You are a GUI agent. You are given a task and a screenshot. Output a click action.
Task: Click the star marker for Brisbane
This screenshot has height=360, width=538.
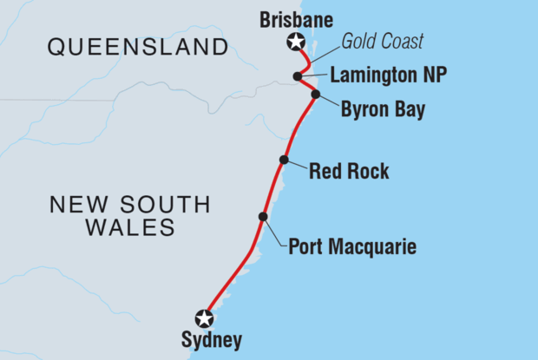[x=296, y=41]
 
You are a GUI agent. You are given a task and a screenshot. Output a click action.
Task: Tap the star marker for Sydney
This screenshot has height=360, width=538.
[x=204, y=317]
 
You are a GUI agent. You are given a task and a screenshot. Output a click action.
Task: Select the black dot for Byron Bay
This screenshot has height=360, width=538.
[x=315, y=94]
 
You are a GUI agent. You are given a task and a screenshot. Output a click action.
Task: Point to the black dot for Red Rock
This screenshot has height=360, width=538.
[x=284, y=160]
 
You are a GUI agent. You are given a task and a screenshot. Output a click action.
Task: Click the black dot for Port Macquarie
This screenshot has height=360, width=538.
[x=262, y=217]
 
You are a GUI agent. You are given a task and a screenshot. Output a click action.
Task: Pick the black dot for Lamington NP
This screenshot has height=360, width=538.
[x=298, y=76]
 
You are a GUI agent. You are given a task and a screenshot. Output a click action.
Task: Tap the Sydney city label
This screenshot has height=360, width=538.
[x=212, y=341]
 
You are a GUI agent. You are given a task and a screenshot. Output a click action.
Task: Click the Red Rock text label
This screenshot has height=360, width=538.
[x=349, y=171]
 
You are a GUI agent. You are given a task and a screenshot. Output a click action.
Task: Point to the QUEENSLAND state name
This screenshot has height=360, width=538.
[x=139, y=47]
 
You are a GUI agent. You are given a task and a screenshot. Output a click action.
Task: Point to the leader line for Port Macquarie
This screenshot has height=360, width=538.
[x=276, y=233]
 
